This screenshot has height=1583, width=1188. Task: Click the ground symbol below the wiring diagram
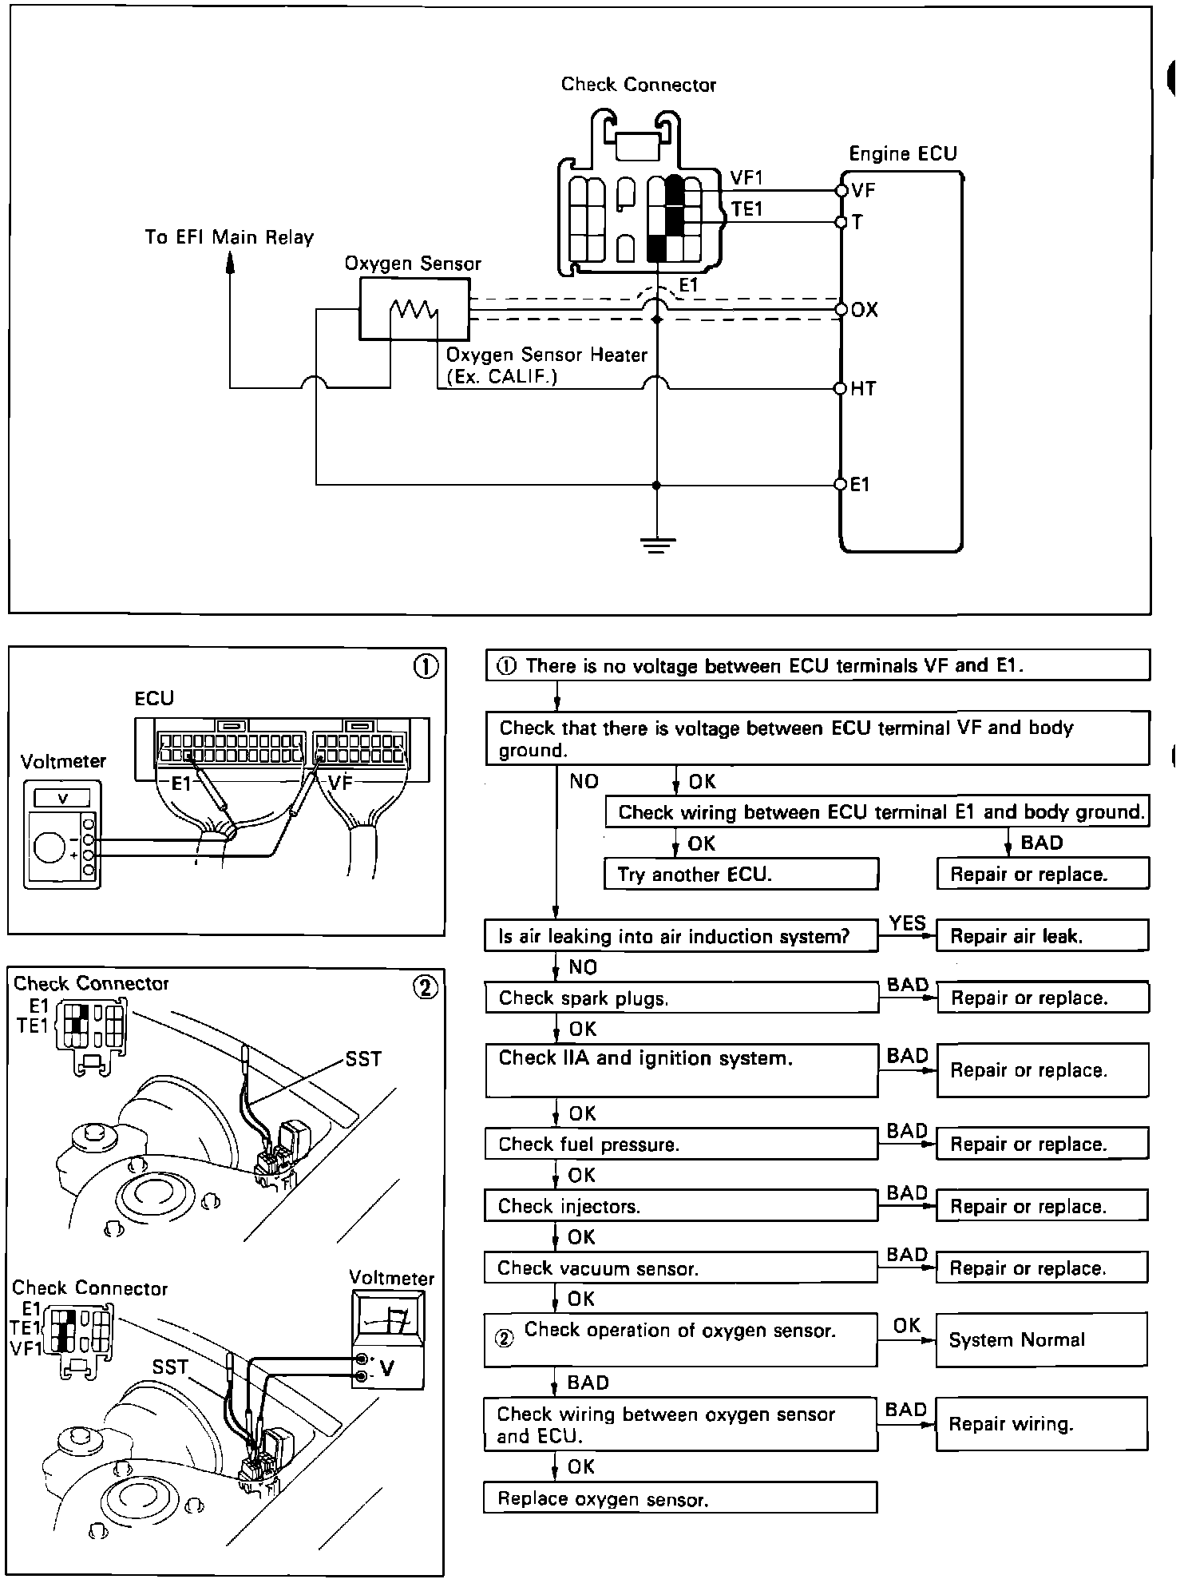point(656,545)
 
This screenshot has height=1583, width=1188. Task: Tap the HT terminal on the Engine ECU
point(840,389)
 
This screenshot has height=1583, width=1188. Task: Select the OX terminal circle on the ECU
point(840,309)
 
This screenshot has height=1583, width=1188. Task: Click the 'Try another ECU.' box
point(741,874)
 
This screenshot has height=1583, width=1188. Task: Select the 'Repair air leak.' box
point(1042,936)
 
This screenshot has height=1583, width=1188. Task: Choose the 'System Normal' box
point(1041,1339)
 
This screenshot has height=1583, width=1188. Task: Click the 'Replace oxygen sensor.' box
point(680,1498)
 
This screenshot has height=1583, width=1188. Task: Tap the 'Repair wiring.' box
point(1041,1424)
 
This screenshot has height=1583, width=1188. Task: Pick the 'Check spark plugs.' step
point(681,998)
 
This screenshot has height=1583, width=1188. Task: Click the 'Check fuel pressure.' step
point(680,1144)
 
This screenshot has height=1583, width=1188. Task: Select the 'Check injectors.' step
point(680,1206)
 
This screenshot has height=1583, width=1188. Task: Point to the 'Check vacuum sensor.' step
point(680,1268)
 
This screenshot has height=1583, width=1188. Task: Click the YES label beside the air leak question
point(907,923)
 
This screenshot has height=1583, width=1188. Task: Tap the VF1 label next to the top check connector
point(746,177)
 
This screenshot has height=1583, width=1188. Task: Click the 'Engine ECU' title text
point(902,153)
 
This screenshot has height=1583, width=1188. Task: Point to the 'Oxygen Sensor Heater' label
point(546,355)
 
